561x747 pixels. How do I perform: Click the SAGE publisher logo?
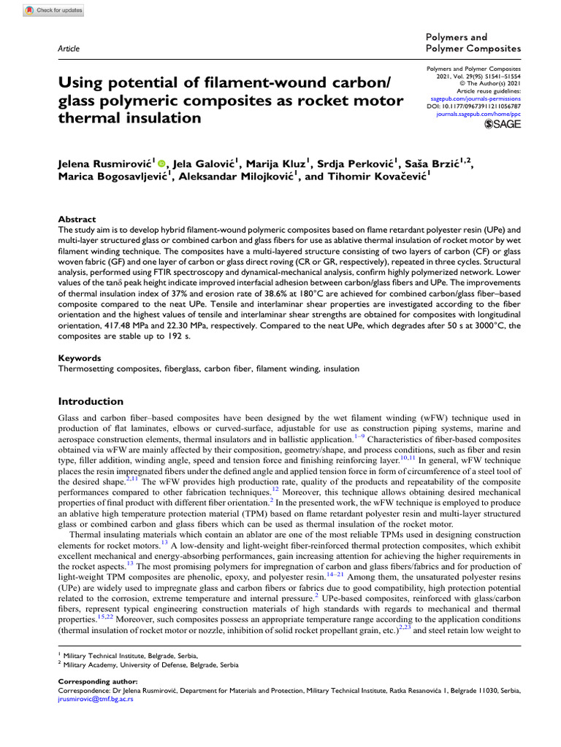coord(503,125)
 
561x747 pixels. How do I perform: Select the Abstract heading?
coord(77,219)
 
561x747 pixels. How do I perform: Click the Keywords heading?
coord(80,358)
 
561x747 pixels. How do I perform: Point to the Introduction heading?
coord(91,401)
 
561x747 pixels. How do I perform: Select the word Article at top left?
coord(68,48)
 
